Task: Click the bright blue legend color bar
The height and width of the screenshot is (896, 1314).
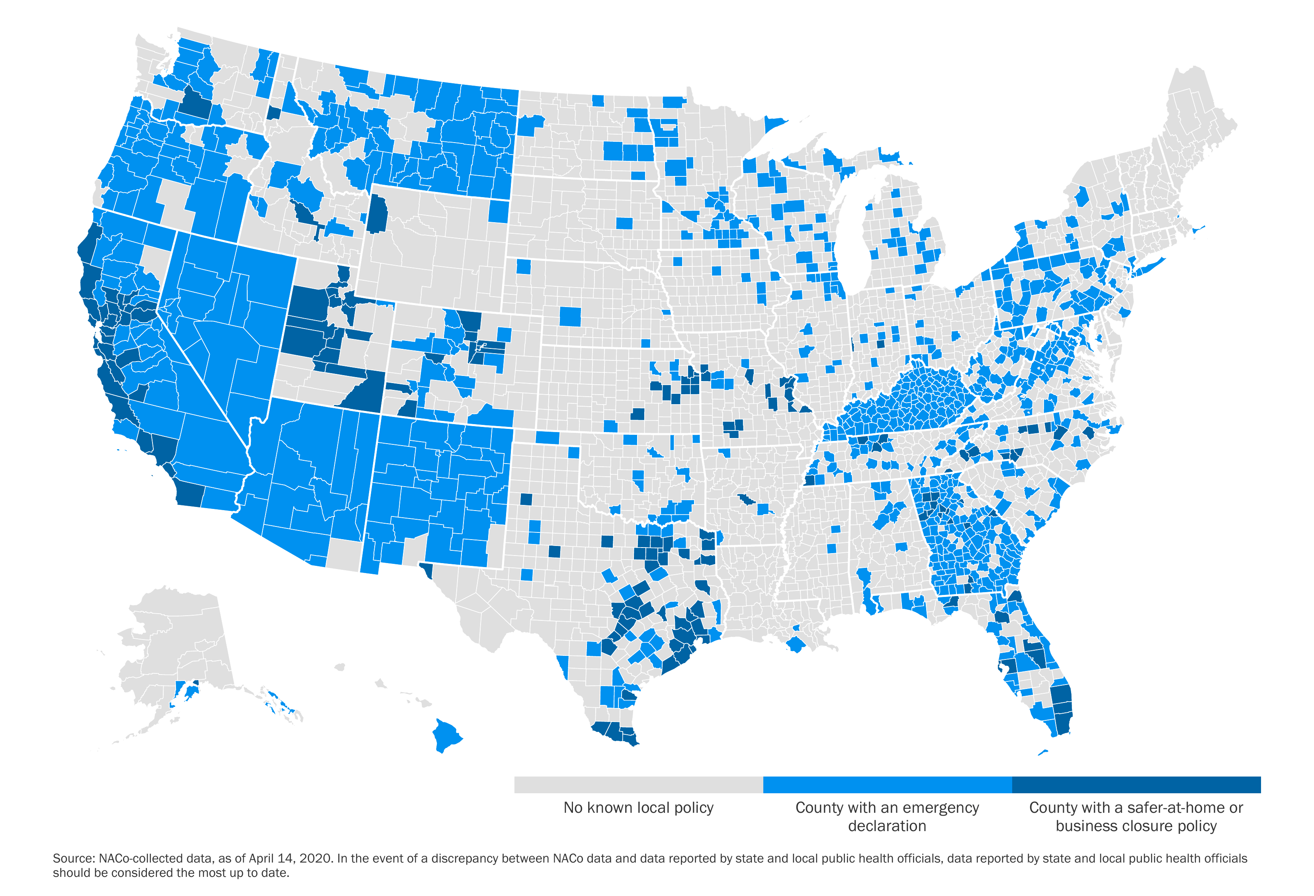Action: coord(887,784)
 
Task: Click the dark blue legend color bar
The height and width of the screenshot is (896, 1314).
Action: coord(1136,784)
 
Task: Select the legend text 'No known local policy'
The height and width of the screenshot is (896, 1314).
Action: coord(638,808)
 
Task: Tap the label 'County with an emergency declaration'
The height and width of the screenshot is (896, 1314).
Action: coord(887,816)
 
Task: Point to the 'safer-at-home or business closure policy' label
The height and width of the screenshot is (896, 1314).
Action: coord(1136,816)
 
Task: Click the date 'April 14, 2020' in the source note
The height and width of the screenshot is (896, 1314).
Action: coord(290,858)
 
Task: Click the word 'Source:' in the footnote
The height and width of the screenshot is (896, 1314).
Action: coord(74,858)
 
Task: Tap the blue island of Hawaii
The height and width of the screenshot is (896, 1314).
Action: coord(446,735)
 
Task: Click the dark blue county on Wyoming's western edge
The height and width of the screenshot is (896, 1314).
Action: coord(377,214)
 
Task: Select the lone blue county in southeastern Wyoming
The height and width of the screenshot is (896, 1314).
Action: coord(498,211)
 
